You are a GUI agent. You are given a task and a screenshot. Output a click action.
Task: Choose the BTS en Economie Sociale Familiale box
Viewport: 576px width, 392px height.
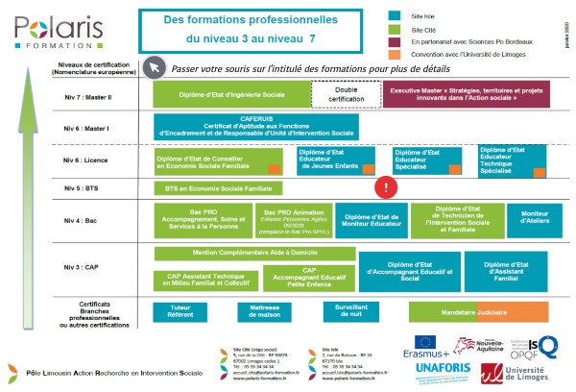(x=219, y=189)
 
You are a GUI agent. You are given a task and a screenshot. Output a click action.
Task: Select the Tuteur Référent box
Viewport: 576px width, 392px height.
(x=180, y=311)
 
